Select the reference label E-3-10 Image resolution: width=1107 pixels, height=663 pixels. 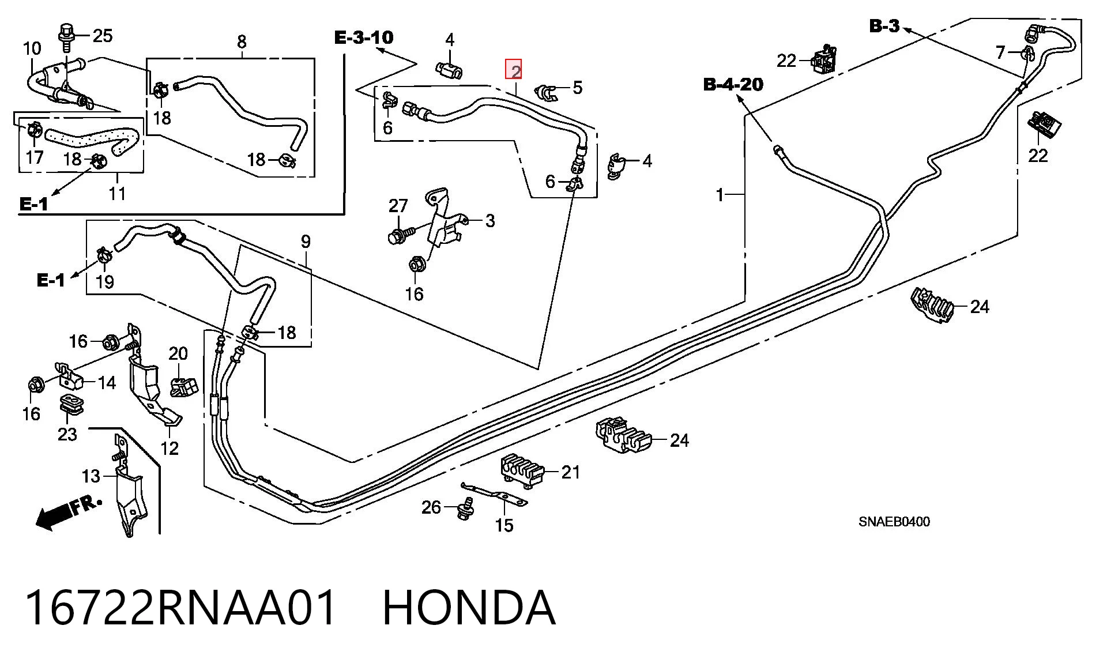364,37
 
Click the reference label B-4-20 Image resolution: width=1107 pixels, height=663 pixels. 733,84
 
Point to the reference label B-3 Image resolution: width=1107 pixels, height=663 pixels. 884,26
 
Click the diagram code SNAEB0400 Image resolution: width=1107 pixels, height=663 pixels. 894,522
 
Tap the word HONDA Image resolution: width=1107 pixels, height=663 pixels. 469,608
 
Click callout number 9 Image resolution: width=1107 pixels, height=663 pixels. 306,242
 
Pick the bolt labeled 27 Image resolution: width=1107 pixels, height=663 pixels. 400,235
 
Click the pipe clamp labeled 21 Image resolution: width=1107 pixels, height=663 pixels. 522,471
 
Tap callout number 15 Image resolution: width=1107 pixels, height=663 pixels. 504,525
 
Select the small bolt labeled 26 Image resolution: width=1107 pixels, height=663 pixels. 465,508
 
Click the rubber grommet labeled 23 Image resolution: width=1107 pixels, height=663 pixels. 72,405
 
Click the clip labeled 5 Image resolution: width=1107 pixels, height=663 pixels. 545,92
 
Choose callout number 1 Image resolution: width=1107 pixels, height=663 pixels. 720,195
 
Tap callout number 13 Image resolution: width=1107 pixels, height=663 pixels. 91,476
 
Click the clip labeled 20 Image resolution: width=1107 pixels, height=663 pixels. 184,386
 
